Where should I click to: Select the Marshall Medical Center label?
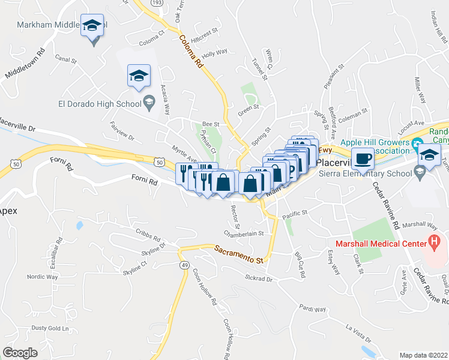click(376, 243)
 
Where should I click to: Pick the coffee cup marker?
click(362, 159)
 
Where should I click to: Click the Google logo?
click(20, 353)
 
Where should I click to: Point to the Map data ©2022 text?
click(423, 355)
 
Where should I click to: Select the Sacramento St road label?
click(239, 254)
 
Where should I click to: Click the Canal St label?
click(66, 61)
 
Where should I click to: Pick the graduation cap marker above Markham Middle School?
click(92, 26)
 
